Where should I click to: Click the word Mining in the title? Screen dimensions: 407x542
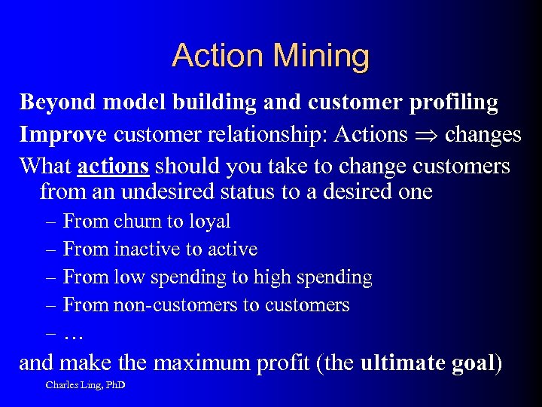pos(322,57)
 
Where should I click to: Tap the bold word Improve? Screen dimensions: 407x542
pos(63,134)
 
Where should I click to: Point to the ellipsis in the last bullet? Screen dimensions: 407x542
pos(73,333)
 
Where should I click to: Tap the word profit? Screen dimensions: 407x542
pos(285,363)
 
